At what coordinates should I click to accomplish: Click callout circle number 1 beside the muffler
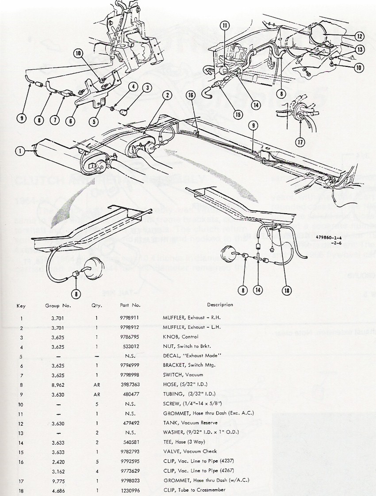pyautogui.click(x=19, y=151)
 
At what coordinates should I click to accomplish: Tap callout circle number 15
pyautogui.click(x=239, y=115)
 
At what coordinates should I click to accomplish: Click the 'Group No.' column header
pyautogui.click(x=55, y=305)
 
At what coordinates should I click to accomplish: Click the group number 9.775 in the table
pyautogui.click(x=55, y=481)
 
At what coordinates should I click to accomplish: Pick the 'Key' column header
pyautogui.click(x=21, y=305)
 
